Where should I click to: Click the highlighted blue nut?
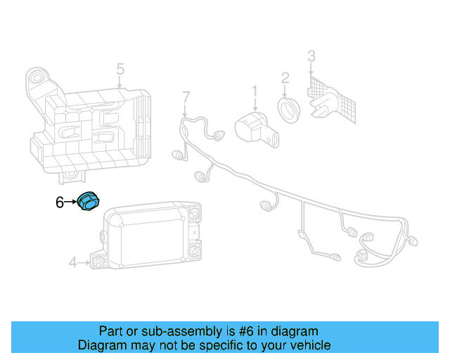(x=87, y=202)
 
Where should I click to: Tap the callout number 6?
(x=60, y=203)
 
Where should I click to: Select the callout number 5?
(x=120, y=69)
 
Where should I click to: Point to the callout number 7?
(x=186, y=96)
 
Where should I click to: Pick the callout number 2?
(x=285, y=77)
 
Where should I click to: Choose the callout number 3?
(x=311, y=56)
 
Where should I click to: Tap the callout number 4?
(x=72, y=263)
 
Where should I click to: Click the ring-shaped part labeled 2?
(x=288, y=109)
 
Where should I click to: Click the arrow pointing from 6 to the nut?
(x=70, y=202)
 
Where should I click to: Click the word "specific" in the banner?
(x=211, y=345)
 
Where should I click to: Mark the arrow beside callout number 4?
(x=84, y=263)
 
